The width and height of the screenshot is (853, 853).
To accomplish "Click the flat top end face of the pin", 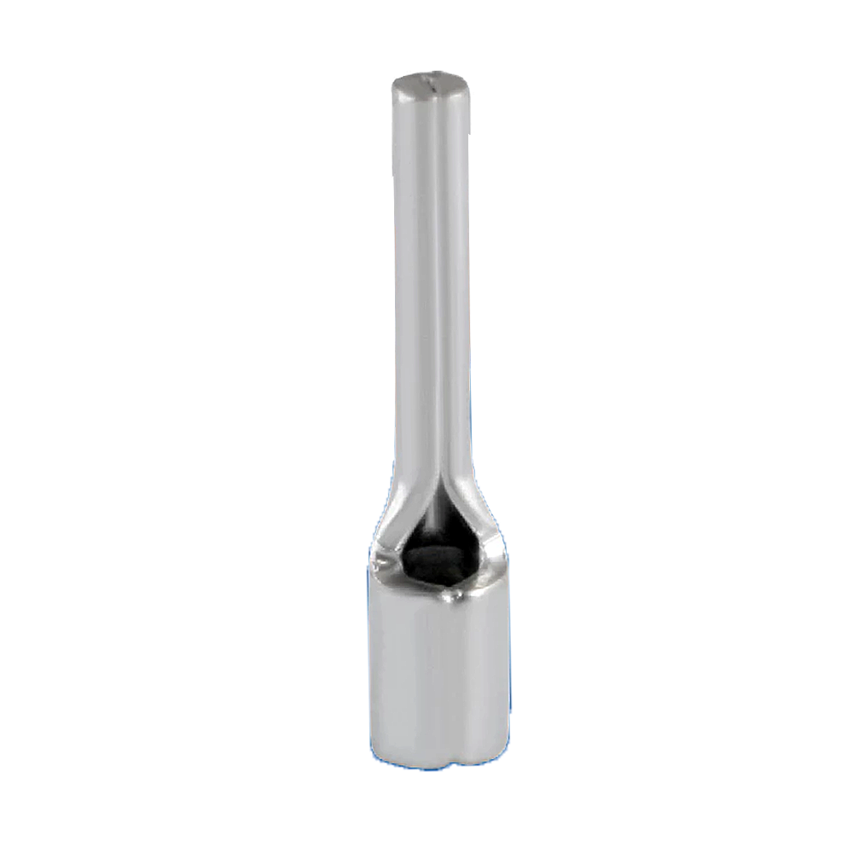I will coord(431,84).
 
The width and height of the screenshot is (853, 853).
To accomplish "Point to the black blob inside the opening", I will coord(437,563).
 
